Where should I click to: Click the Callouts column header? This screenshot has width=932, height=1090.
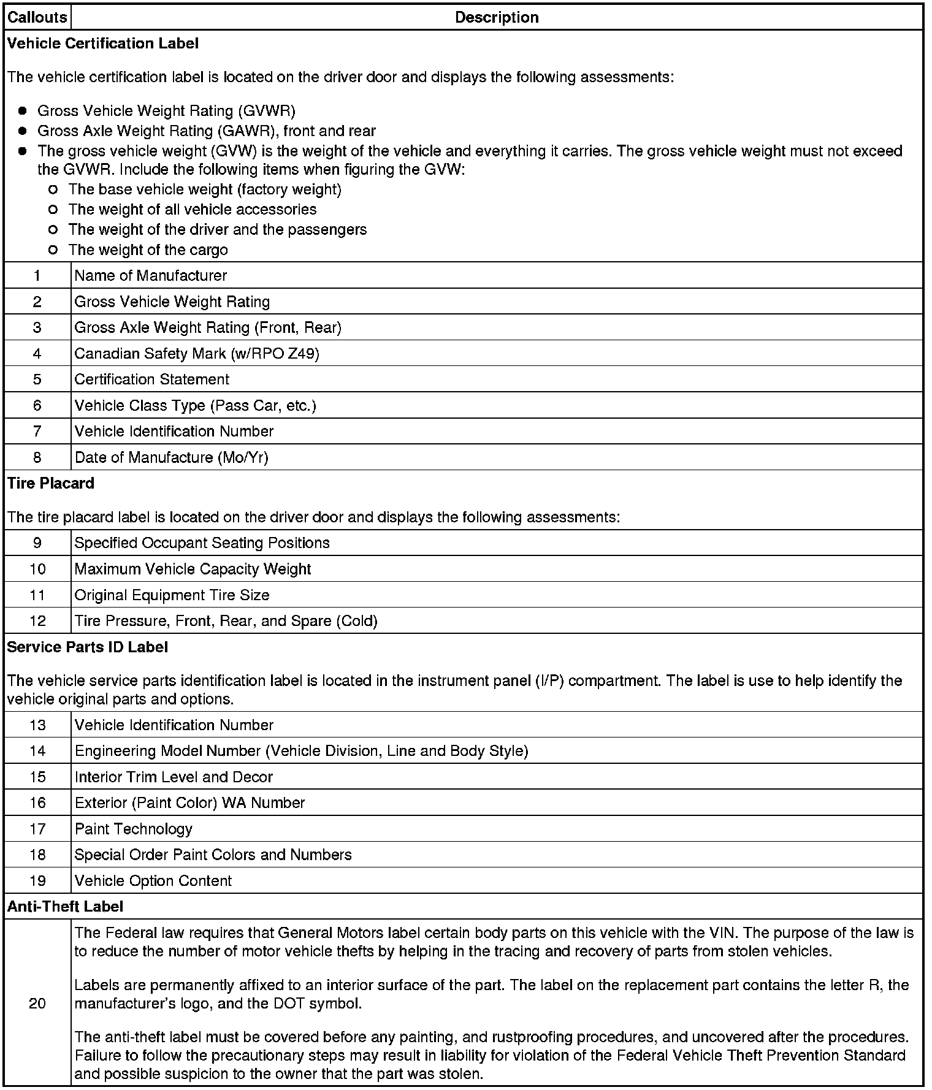[37, 17]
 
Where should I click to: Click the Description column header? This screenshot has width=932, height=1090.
[497, 17]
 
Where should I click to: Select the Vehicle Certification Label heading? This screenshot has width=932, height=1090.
[103, 44]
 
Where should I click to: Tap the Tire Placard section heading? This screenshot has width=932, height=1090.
[51, 483]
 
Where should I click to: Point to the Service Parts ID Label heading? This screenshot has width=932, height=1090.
[88, 647]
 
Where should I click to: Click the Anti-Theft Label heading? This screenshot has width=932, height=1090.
[65, 906]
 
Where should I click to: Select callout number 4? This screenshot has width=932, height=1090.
[37, 353]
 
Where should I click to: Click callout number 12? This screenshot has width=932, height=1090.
[37, 621]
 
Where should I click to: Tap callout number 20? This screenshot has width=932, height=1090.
[37, 1003]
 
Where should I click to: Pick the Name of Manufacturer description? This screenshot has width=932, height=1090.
[151, 276]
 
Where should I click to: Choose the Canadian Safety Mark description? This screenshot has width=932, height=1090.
[197, 354]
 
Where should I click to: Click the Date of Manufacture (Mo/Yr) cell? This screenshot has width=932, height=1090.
[172, 457]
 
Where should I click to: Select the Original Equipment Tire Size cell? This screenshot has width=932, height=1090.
[172, 595]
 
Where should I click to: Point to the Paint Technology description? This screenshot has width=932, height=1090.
[134, 829]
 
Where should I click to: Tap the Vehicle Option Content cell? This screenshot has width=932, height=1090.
[153, 881]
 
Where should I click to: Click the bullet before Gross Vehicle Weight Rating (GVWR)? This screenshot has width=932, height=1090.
[23, 111]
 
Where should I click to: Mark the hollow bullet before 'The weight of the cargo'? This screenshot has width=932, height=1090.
[53, 250]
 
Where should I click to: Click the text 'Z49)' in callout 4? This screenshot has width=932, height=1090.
[304, 354]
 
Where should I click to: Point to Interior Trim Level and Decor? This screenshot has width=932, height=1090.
[174, 777]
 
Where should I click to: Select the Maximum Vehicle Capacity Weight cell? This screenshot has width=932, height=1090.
[193, 569]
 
